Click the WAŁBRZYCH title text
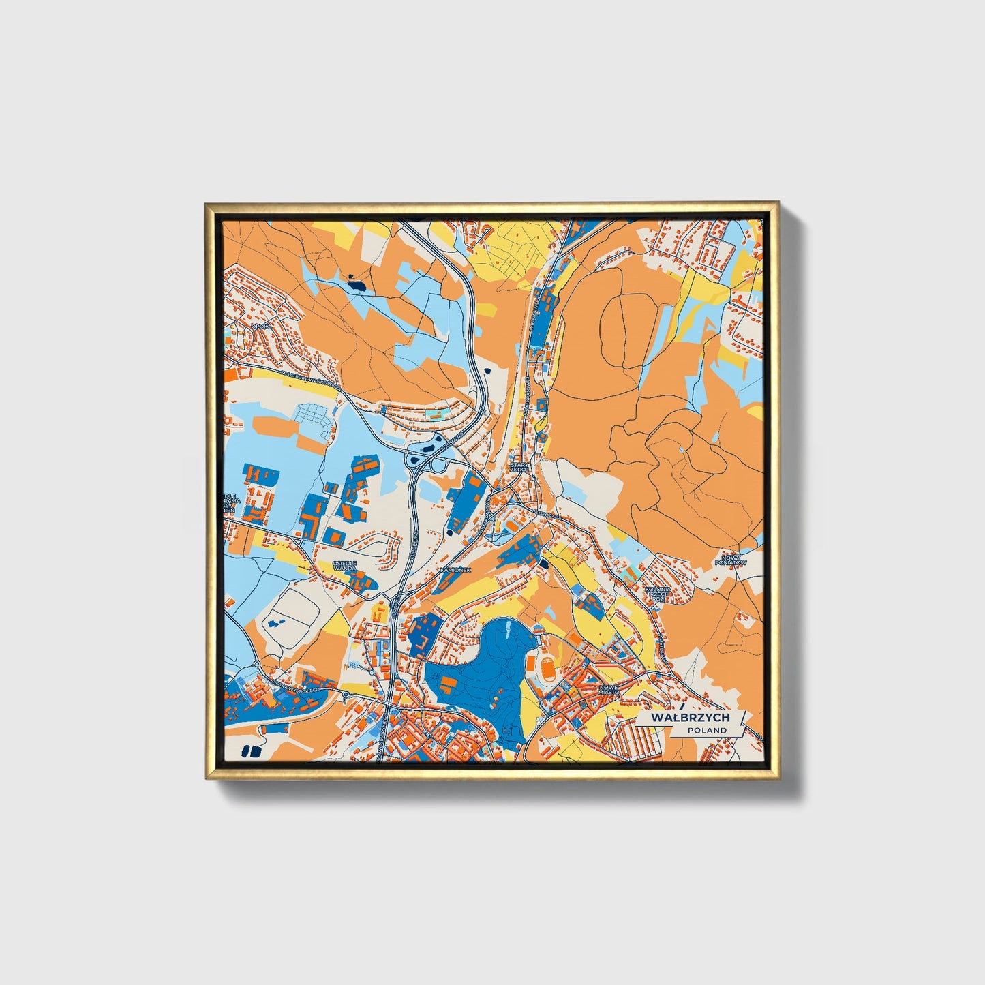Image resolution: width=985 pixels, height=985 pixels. click(690, 718)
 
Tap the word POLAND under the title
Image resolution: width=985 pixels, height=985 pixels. click(707, 730)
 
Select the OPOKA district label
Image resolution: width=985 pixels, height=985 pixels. click(260, 327)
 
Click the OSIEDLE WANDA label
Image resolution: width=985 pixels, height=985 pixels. click(345, 565)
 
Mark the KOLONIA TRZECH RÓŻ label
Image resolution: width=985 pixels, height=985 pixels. click(658, 596)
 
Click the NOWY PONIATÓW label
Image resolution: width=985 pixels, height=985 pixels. click(730, 560)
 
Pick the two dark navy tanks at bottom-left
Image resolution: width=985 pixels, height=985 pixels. click(251, 751)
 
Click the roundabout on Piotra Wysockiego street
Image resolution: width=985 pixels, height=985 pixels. click(346, 695)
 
